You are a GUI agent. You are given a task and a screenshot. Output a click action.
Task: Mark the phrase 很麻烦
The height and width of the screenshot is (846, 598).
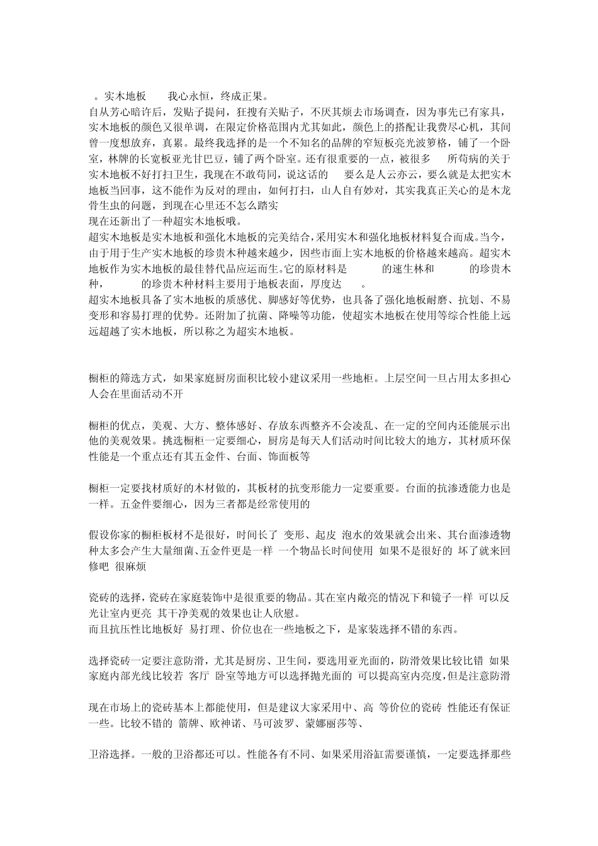tap(131, 567)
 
